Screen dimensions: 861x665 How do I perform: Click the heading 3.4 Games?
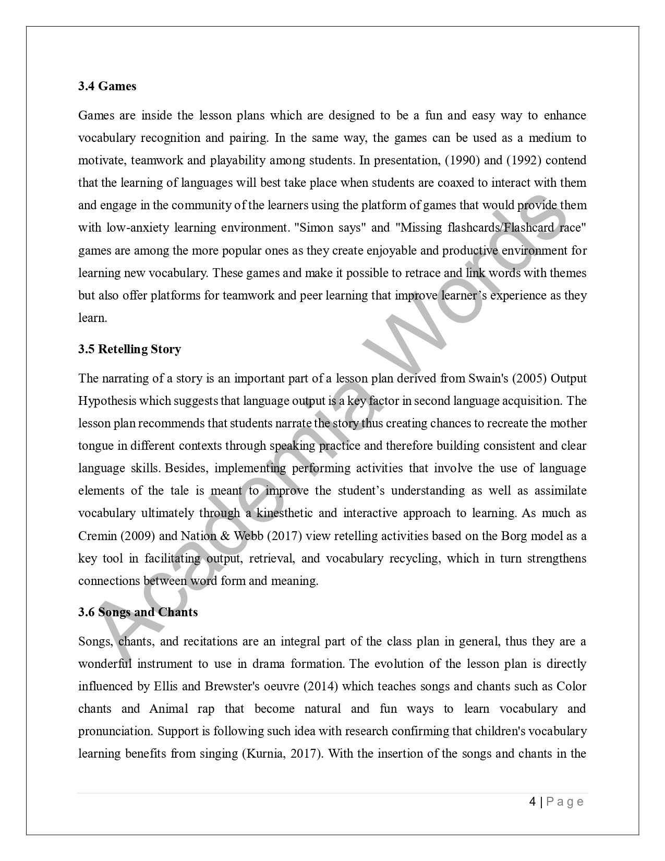(107, 86)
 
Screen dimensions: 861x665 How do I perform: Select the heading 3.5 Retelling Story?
(129, 349)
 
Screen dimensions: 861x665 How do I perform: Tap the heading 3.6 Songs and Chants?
(138, 612)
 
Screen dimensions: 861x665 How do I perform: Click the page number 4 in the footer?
(533, 802)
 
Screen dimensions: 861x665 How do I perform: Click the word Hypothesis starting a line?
(107, 401)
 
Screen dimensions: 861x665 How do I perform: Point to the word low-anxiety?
(137, 228)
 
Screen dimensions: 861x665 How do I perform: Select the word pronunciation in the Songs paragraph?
(115, 732)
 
